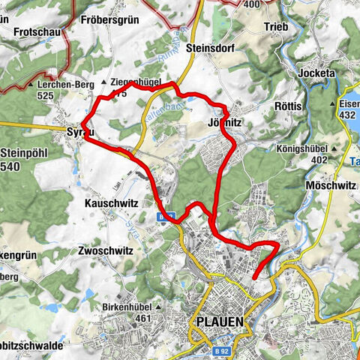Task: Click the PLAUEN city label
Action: point(219,321)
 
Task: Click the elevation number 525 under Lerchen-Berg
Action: point(48,96)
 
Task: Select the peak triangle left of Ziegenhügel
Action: point(103,80)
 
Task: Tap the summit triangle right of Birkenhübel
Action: point(157,307)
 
